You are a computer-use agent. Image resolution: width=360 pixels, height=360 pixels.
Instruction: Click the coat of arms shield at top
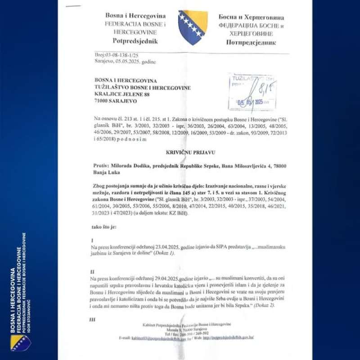click(193, 27)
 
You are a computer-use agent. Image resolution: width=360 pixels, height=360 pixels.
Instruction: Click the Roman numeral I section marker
click(92, 241)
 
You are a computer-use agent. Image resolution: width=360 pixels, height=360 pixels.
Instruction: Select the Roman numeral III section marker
click(93, 319)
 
